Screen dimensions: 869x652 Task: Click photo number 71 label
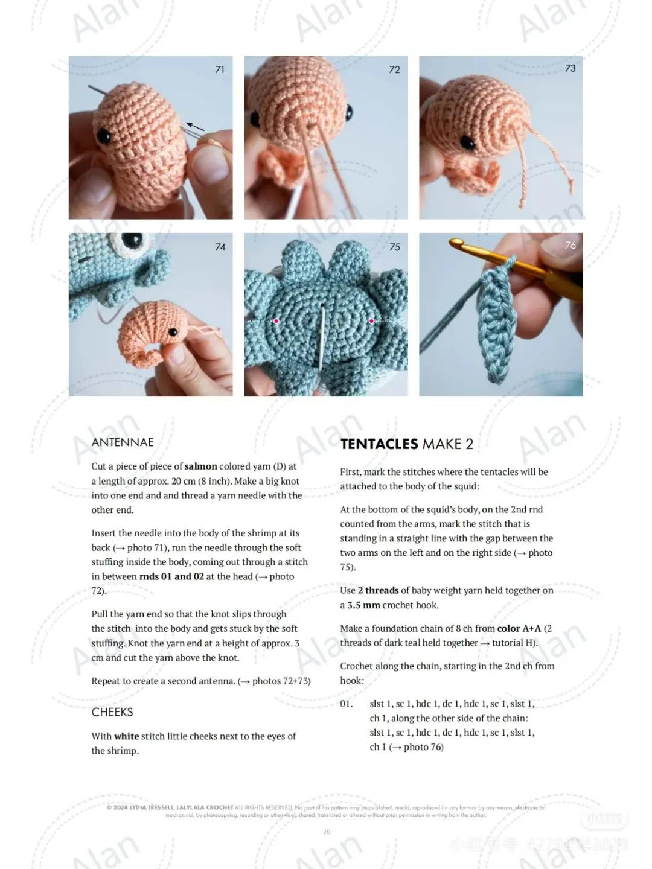pos(220,70)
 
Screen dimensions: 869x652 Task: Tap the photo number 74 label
pos(220,247)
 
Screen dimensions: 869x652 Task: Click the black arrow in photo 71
pos(194,127)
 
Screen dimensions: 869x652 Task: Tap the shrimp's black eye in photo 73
pos(467,143)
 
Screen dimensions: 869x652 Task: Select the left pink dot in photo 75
pos(276,321)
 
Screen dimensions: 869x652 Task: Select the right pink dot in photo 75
pos(371,321)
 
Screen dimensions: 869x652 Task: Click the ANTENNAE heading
pos(123,442)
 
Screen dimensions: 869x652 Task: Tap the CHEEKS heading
pos(112,712)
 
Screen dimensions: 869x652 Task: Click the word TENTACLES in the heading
pos(379,444)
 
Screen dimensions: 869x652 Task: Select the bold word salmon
pos(200,466)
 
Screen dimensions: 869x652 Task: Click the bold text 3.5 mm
pos(363,605)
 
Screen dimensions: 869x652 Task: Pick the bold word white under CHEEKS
pos(126,736)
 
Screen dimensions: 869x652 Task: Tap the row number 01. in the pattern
pos(346,704)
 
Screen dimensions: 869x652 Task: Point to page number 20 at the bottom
pos(327,832)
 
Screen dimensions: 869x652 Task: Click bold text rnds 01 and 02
pos(171,576)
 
